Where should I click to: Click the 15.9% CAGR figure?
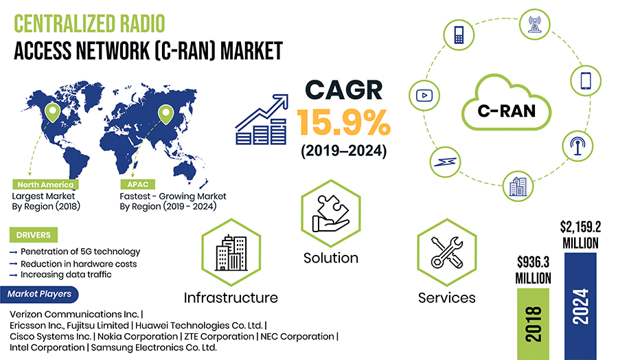tap(343, 122)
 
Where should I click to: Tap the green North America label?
tap(45, 185)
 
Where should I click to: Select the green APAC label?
tap(137, 185)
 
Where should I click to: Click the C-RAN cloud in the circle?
tap(506, 103)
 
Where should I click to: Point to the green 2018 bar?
tap(533, 324)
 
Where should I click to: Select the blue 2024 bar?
tap(580, 306)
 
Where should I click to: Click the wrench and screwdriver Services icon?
tap(446, 252)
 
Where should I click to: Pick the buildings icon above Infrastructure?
tap(231, 252)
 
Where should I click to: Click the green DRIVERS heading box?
tap(34, 235)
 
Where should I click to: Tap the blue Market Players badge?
tap(39, 294)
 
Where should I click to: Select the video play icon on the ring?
tap(424, 95)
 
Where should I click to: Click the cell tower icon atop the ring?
tap(534, 24)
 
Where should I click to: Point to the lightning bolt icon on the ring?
tap(445, 162)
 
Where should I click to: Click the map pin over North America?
tap(52, 113)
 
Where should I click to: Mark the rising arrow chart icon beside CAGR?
tap(262, 119)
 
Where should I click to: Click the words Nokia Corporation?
tap(137, 337)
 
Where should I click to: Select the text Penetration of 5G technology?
tap(80, 251)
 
